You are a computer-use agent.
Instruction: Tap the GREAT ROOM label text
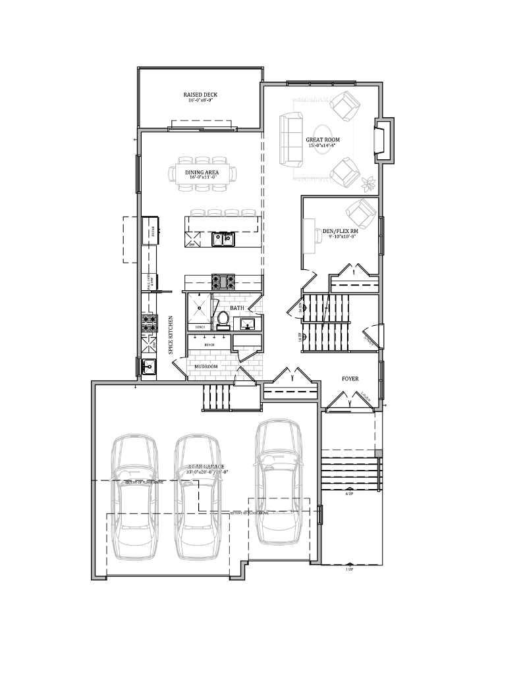pyautogui.click(x=323, y=140)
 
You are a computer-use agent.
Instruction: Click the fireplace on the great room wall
pyautogui.click(x=382, y=140)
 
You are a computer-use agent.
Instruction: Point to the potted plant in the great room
pyautogui.click(x=368, y=181)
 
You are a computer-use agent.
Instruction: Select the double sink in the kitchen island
pyautogui.click(x=223, y=238)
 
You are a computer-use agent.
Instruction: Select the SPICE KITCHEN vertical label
pyautogui.click(x=171, y=336)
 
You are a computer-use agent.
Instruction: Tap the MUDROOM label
pyautogui.click(x=206, y=367)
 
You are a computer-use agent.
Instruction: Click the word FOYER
pyautogui.click(x=350, y=379)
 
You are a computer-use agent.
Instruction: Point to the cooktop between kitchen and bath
pyautogui.click(x=223, y=281)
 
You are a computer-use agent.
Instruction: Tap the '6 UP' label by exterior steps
pyautogui.click(x=350, y=494)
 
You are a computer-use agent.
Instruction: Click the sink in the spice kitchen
pyautogui.click(x=148, y=367)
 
